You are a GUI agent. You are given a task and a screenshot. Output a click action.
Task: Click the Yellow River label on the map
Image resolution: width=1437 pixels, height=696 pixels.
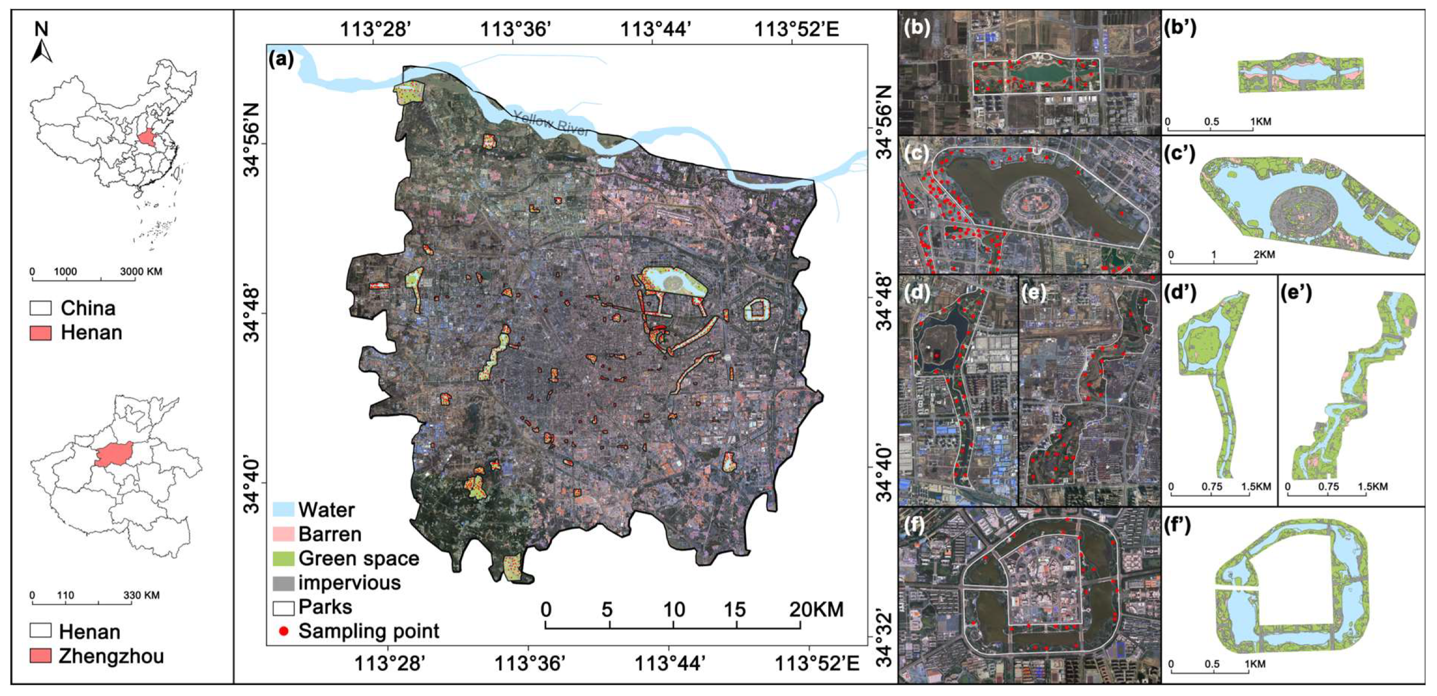pyautogui.click(x=550, y=123)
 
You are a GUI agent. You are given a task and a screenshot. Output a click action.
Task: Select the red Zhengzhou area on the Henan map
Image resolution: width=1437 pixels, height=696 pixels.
pyautogui.click(x=114, y=455)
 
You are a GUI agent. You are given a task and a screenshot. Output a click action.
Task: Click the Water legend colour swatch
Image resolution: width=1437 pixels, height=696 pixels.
pyautogui.click(x=283, y=510)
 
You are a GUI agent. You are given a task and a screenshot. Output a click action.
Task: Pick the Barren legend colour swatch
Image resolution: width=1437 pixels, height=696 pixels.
pyautogui.click(x=283, y=534)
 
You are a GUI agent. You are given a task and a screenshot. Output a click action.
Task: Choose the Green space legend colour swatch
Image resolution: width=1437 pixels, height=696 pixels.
pyautogui.click(x=283, y=558)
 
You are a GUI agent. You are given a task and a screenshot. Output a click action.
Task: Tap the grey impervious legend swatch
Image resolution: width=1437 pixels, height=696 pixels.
pyautogui.click(x=283, y=583)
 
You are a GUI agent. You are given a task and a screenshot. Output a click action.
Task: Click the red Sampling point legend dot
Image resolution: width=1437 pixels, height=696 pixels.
pyautogui.click(x=284, y=631)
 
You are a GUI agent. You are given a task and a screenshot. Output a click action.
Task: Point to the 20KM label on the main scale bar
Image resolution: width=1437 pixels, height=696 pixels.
pyautogui.click(x=816, y=609)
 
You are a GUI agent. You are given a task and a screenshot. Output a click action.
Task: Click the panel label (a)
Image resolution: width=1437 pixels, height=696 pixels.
pyautogui.click(x=281, y=58)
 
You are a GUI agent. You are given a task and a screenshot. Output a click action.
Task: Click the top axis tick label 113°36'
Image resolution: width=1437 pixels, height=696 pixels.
pyautogui.click(x=516, y=28)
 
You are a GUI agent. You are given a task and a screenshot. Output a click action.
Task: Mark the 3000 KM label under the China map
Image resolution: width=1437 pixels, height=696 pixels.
pyautogui.click(x=141, y=271)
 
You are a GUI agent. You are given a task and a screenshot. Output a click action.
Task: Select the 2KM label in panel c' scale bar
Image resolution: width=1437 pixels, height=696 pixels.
pyautogui.click(x=1263, y=254)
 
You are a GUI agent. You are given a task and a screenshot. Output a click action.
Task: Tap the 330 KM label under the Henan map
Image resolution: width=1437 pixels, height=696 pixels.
pyautogui.click(x=141, y=595)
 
